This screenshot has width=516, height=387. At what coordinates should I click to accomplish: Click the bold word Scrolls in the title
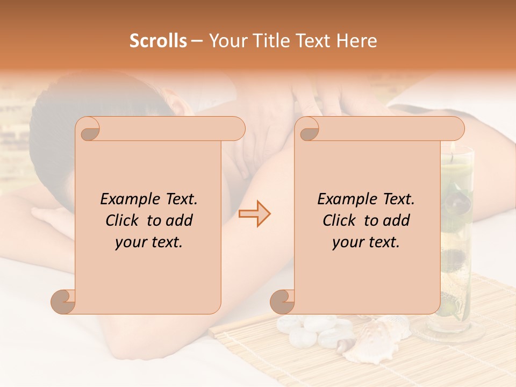[158, 41]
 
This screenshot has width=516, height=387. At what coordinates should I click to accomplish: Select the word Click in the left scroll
[124, 221]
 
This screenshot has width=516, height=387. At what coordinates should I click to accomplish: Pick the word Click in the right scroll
[341, 221]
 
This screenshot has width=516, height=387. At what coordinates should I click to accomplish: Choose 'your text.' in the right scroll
[366, 242]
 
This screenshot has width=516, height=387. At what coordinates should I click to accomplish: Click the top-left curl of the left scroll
[89, 129]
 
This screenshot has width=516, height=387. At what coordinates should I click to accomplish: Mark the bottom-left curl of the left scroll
[63, 302]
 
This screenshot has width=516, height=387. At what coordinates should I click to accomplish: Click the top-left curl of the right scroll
[308, 129]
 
